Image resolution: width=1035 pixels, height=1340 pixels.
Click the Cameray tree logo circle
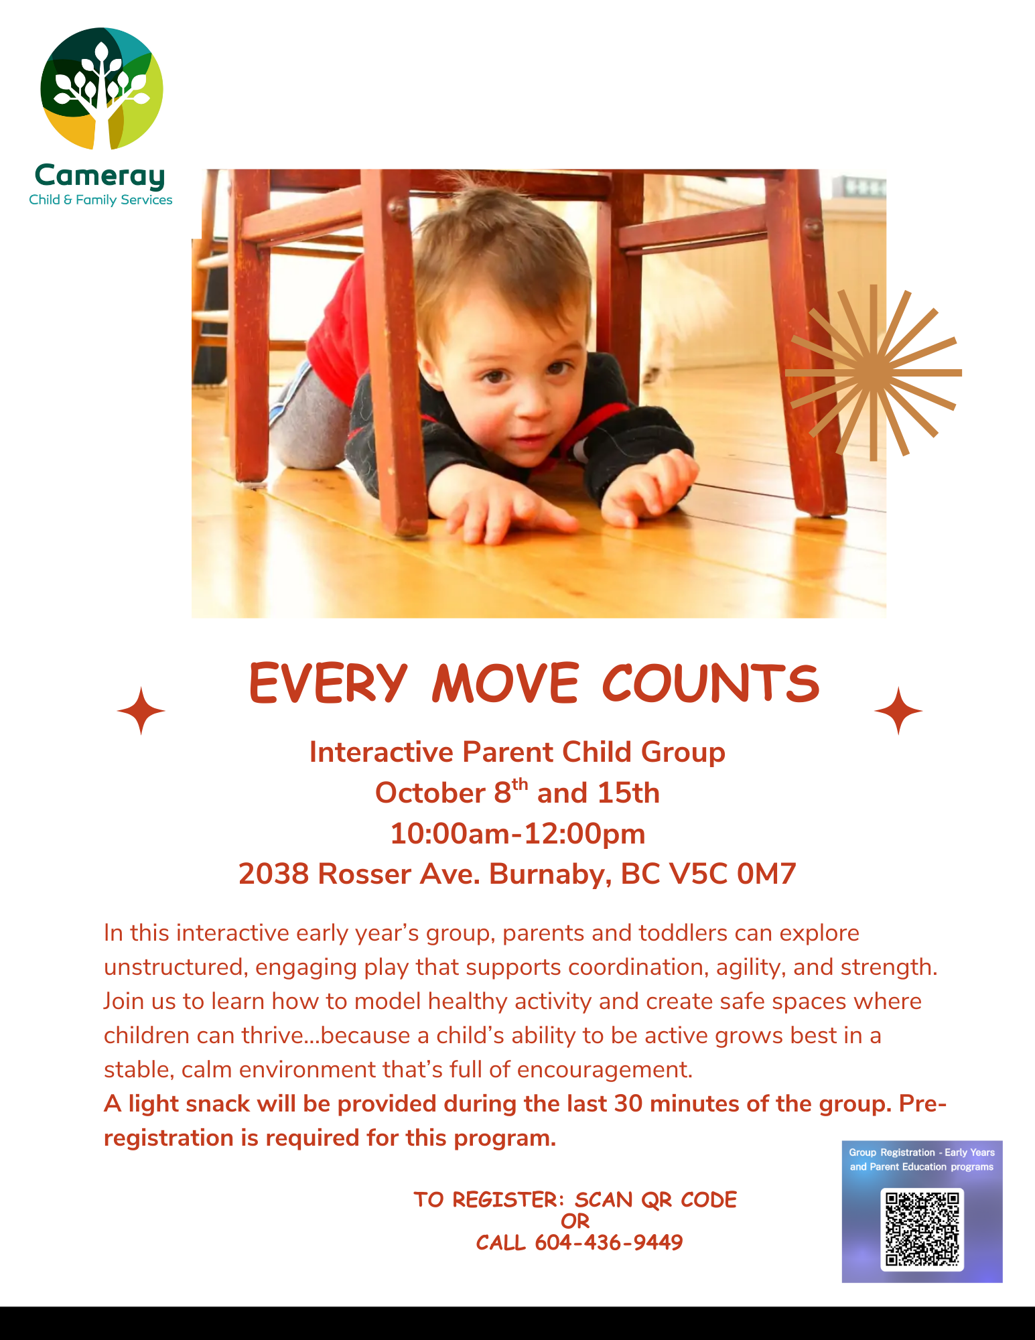(102, 88)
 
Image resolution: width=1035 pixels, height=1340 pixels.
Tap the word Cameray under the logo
(100, 176)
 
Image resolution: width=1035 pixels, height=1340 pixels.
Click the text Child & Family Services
(100, 200)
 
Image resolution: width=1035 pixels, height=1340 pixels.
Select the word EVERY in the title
(328, 684)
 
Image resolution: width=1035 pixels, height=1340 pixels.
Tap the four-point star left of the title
(141, 711)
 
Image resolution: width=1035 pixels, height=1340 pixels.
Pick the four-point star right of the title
(898, 711)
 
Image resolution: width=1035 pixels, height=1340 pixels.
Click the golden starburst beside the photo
(874, 373)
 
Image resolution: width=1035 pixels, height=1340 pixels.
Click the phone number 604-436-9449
(609, 1243)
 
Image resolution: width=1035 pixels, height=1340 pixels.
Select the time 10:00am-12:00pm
(518, 833)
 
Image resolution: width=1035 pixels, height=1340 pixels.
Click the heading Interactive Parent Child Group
(517, 752)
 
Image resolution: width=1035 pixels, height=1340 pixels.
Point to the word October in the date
(430, 793)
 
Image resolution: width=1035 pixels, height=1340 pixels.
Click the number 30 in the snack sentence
(628, 1103)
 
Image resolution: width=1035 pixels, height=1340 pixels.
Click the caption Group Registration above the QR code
(892, 1152)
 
